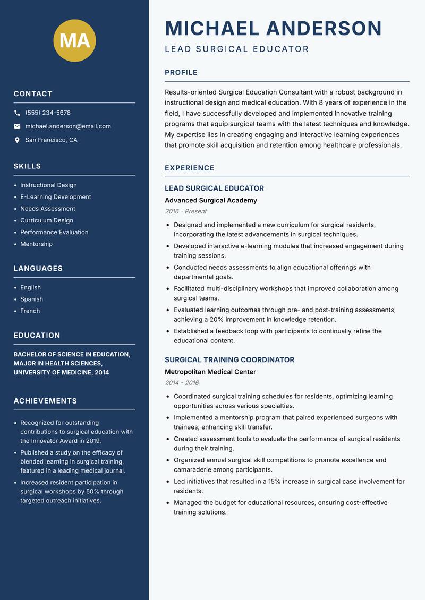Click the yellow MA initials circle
tap(75, 40)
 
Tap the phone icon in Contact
tap(18, 113)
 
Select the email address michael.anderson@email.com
tap(68, 126)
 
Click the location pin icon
tap(18, 140)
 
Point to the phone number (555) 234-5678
tap(48, 113)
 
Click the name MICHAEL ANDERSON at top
tap(274, 28)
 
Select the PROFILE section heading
tap(181, 73)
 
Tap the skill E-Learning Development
tap(56, 197)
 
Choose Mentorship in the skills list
tap(37, 244)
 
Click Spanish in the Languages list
tap(32, 299)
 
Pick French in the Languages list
tap(30, 311)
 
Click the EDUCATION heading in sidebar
tap(37, 336)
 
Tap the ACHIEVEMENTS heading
tap(46, 401)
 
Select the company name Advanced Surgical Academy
tap(211, 201)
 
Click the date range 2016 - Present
tap(186, 211)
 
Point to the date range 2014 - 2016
tap(182, 383)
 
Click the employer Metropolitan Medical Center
tap(210, 372)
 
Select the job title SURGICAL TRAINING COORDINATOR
tap(229, 360)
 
